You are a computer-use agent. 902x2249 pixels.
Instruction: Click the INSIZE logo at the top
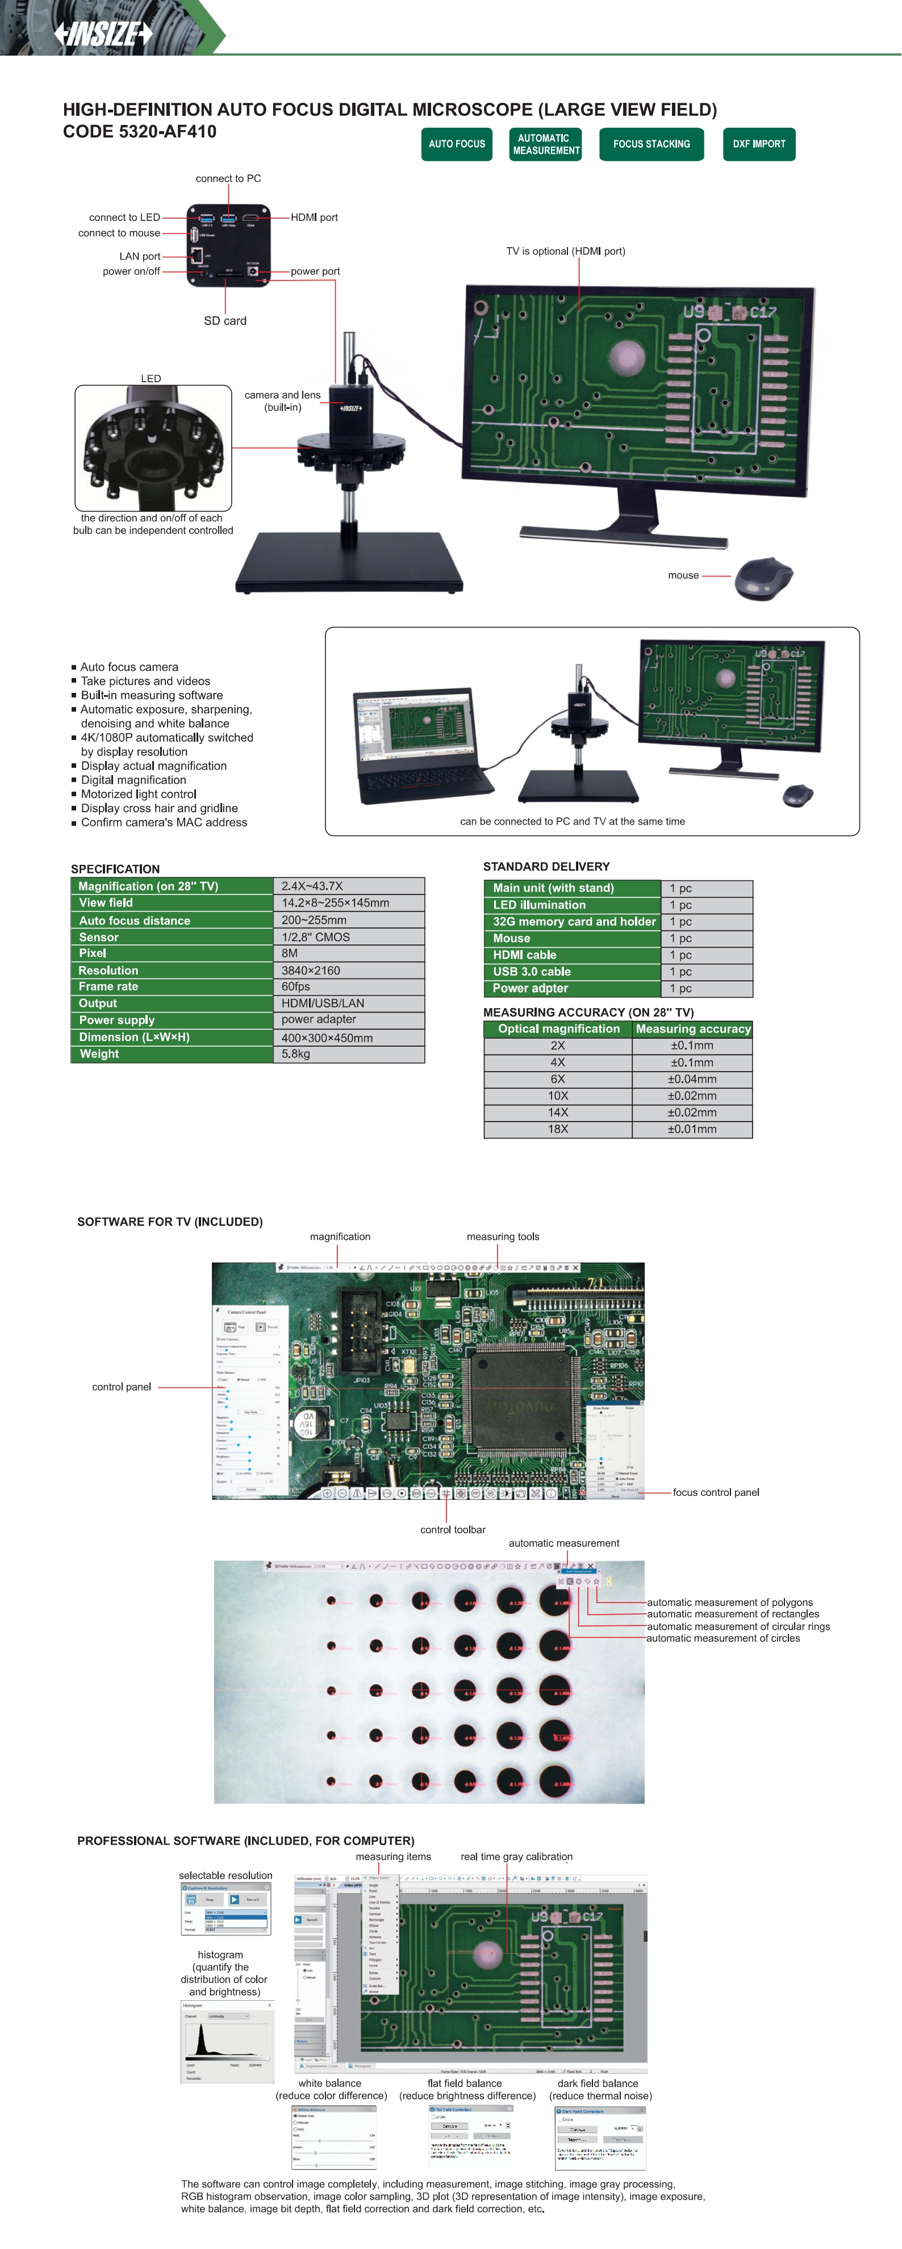coord(103,34)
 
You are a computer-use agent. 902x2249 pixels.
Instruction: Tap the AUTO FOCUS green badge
coord(457,144)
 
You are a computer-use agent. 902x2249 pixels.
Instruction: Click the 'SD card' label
coord(225,320)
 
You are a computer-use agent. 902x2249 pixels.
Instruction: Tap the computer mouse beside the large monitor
coord(763,578)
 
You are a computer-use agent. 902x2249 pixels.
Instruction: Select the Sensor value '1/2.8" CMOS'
coord(315,937)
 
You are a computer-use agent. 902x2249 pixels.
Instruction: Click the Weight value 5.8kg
coord(295,1054)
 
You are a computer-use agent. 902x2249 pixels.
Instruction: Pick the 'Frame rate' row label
coord(108,986)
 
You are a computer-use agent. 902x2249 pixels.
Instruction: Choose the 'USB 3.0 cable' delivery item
coord(531,972)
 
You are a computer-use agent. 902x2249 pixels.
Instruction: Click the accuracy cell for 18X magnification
coord(692,1129)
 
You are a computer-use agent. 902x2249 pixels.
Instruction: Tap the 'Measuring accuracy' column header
coord(692,1029)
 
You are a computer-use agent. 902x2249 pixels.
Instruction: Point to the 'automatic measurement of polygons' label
coord(729,1602)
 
